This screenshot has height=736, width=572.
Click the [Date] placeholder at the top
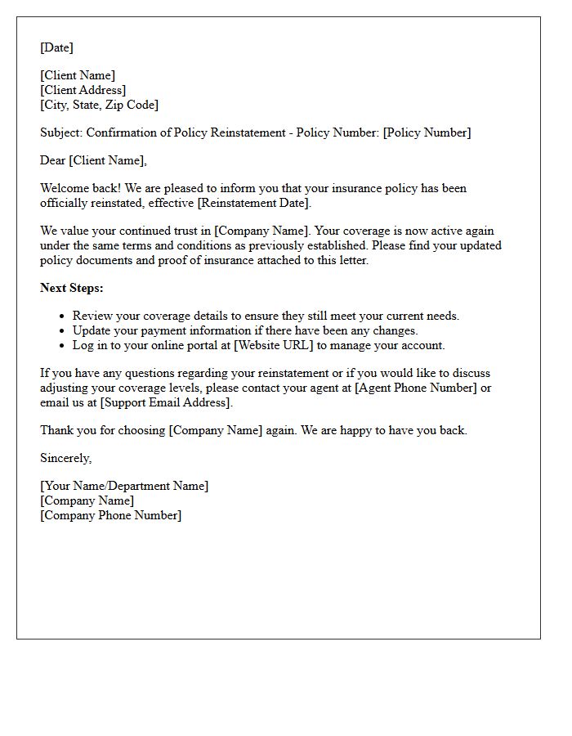(x=56, y=48)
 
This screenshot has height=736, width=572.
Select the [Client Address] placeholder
(x=83, y=91)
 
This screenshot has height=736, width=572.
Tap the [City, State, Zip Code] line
(x=100, y=105)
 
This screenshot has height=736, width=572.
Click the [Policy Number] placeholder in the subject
(x=427, y=133)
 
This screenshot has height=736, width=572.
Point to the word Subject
(x=61, y=133)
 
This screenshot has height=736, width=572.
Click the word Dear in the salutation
(x=53, y=161)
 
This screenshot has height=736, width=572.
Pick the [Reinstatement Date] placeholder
(x=249, y=204)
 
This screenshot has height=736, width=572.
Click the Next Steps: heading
(x=72, y=289)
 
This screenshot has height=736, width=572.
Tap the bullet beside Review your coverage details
(x=62, y=316)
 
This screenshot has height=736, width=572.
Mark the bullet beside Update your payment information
(x=62, y=331)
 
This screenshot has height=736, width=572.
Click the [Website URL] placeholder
(x=274, y=346)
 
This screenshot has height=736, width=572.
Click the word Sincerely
(x=65, y=459)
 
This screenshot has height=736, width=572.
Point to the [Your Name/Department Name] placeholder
(x=124, y=487)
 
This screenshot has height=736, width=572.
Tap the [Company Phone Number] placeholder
(x=111, y=516)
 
